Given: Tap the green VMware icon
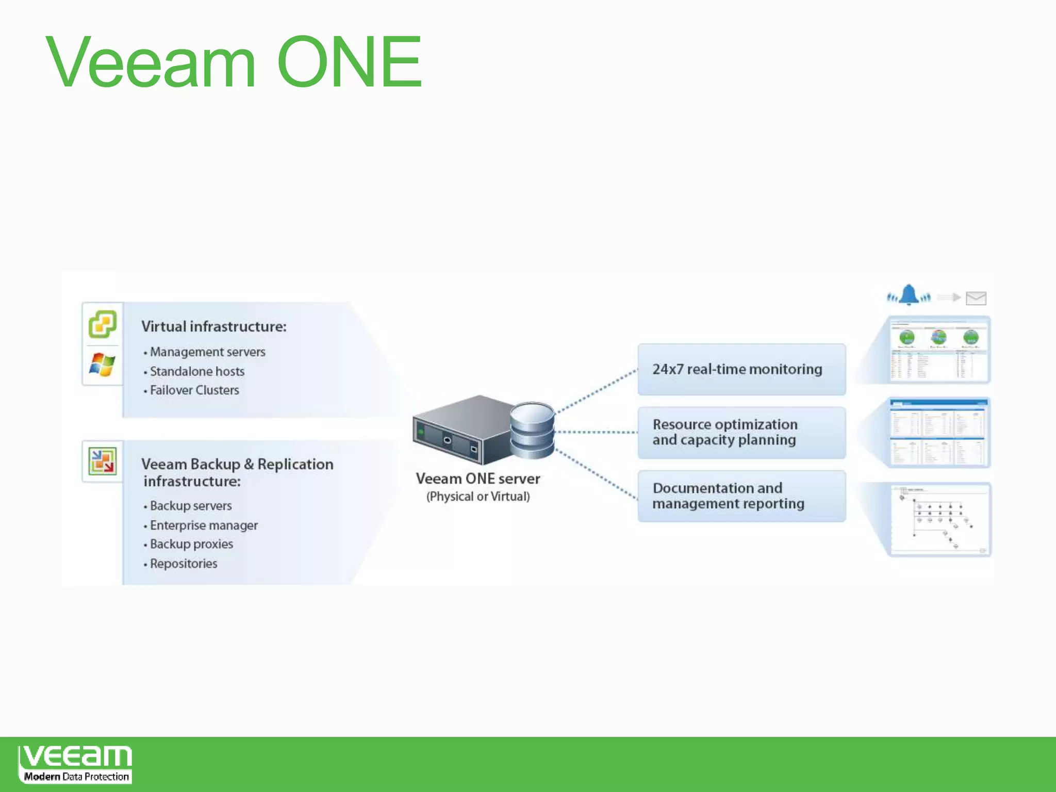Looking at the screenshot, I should point(103,324).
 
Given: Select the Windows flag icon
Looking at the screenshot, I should point(102,364).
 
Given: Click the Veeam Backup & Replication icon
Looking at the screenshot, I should point(103,461).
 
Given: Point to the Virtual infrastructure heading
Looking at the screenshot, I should point(213,326).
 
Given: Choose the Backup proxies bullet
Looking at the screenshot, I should point(191,544).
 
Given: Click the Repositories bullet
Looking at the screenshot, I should point(184,564).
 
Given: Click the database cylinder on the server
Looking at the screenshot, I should point(532,430).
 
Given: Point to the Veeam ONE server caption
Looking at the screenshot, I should point(478,479).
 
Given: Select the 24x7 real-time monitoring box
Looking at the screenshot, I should point(741,369).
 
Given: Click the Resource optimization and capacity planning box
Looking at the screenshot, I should point(741,432).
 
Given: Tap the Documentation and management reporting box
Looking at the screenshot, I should point(741,496).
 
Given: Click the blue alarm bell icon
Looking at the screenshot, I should point(909,295).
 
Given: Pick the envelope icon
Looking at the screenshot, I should point(976,298).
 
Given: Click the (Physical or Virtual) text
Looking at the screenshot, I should point(478,497).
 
